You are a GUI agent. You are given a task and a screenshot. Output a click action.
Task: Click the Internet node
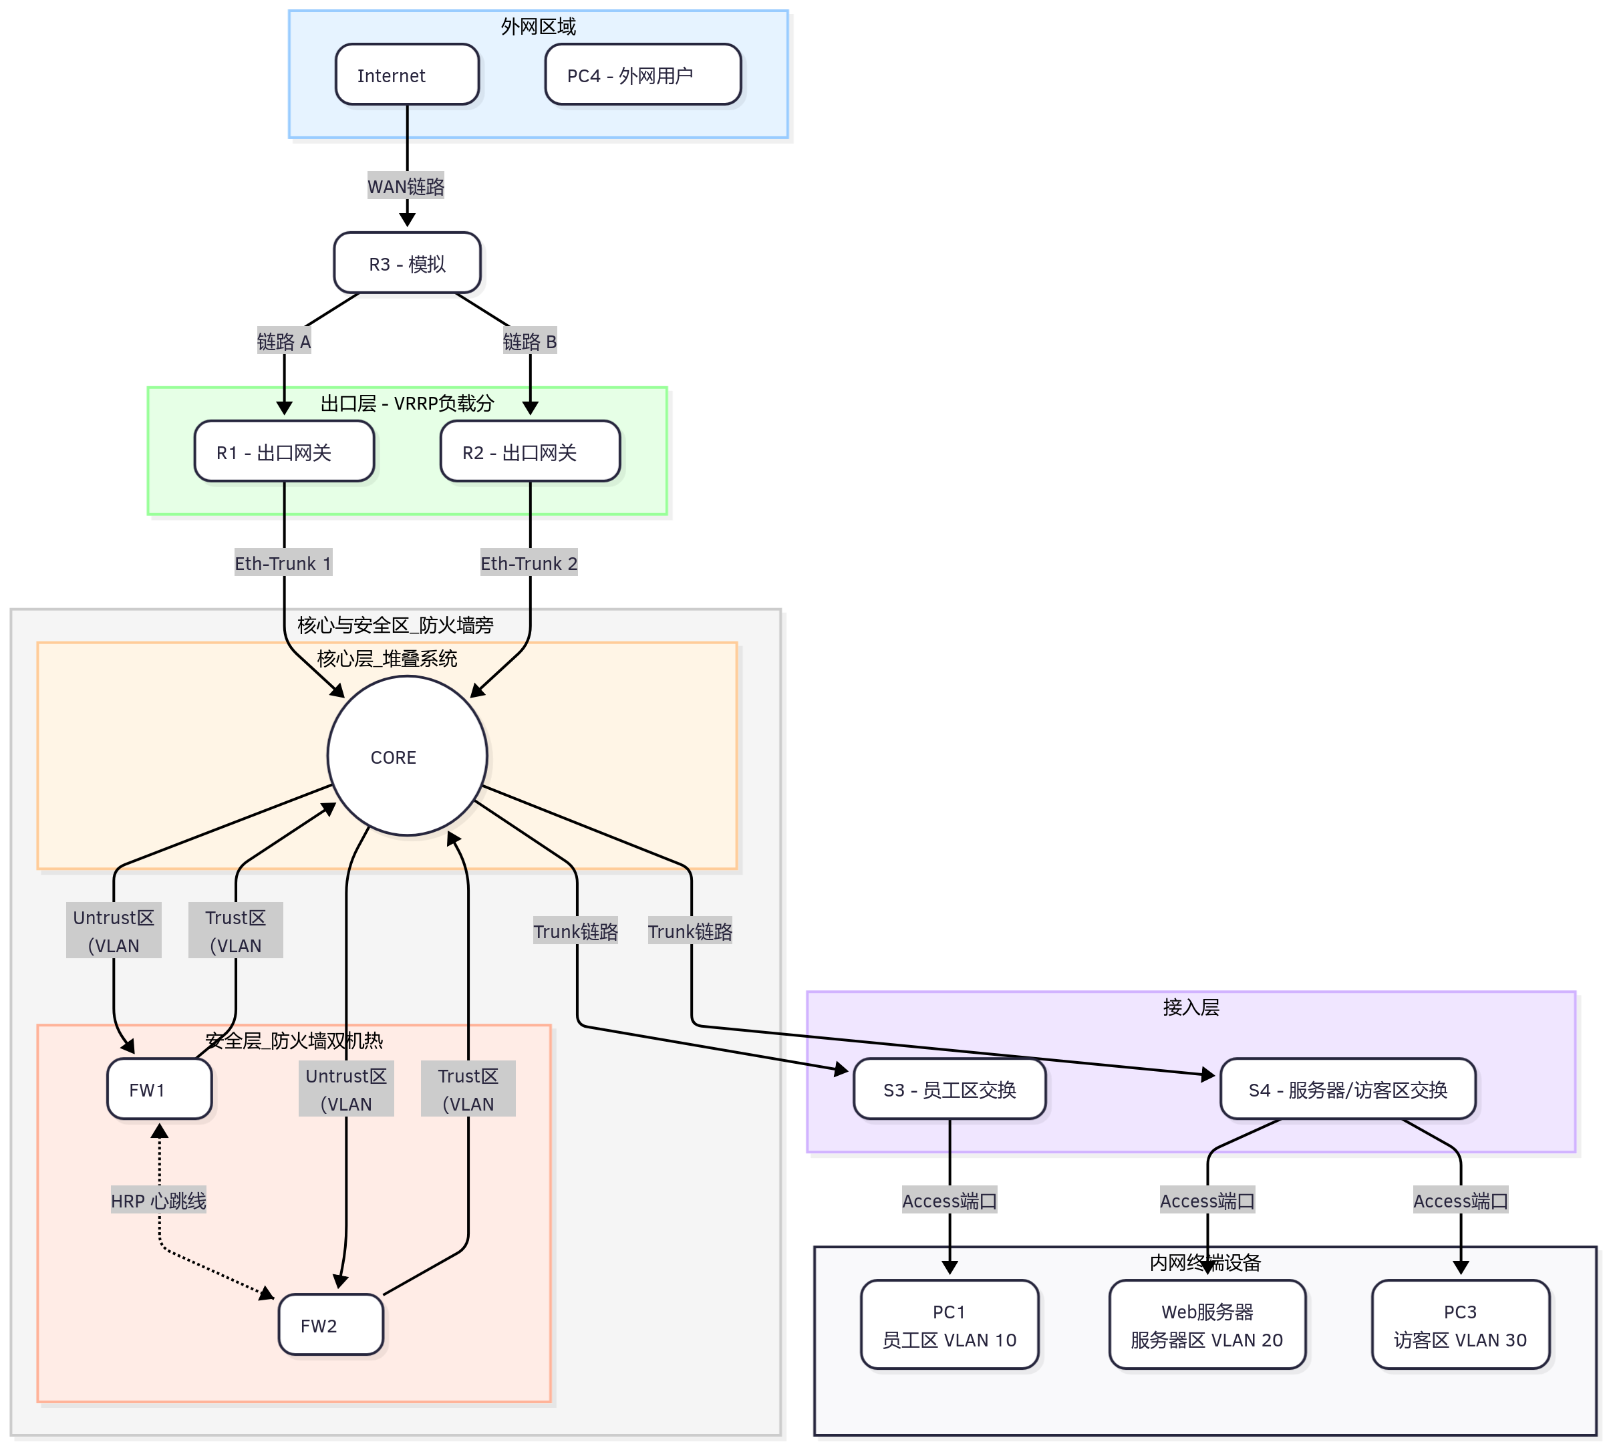pos(407,75)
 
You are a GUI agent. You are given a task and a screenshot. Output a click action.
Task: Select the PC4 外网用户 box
pos(643,75)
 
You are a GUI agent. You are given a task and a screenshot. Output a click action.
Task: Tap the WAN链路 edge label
pos(406,186)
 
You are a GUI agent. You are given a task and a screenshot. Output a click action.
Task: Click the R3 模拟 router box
pos(407,263)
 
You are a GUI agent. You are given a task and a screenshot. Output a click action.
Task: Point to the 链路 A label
pos(283,341)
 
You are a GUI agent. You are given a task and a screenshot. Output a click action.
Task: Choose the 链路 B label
pos(530,341)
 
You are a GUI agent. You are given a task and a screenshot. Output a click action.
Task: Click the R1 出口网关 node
pos(283,451)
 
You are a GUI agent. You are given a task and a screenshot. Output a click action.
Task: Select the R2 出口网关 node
pos(530,451)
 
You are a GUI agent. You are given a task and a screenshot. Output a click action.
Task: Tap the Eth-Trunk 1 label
pos(283,563)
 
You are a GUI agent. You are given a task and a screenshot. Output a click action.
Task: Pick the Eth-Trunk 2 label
pos(529,563)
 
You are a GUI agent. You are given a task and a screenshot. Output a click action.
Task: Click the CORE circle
pos(407,756)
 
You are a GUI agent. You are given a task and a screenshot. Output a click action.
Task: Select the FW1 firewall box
pos(159,1089)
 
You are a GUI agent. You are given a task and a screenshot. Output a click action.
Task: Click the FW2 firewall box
pos(331,1324)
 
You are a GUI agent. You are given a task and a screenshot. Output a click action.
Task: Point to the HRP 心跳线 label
pos(158,1199)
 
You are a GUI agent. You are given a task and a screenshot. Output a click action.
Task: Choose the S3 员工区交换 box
pos(949,1089)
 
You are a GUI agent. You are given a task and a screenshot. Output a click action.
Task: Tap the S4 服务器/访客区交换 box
pos(1347,1089)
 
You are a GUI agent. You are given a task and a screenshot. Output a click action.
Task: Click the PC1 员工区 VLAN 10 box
pos(949,1324)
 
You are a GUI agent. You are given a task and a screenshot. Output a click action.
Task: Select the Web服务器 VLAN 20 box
pos(1207,1324)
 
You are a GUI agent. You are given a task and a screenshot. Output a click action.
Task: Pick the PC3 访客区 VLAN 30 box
pos(1460,1324)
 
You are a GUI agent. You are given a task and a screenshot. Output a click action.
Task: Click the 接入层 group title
pos(1190,1006)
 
